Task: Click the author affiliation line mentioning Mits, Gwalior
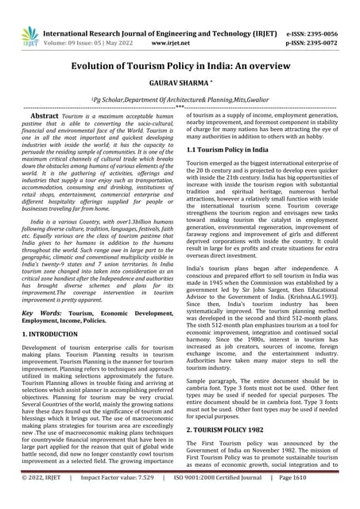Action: [x=180, y=103]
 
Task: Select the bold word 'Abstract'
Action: [x=44, y=116]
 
